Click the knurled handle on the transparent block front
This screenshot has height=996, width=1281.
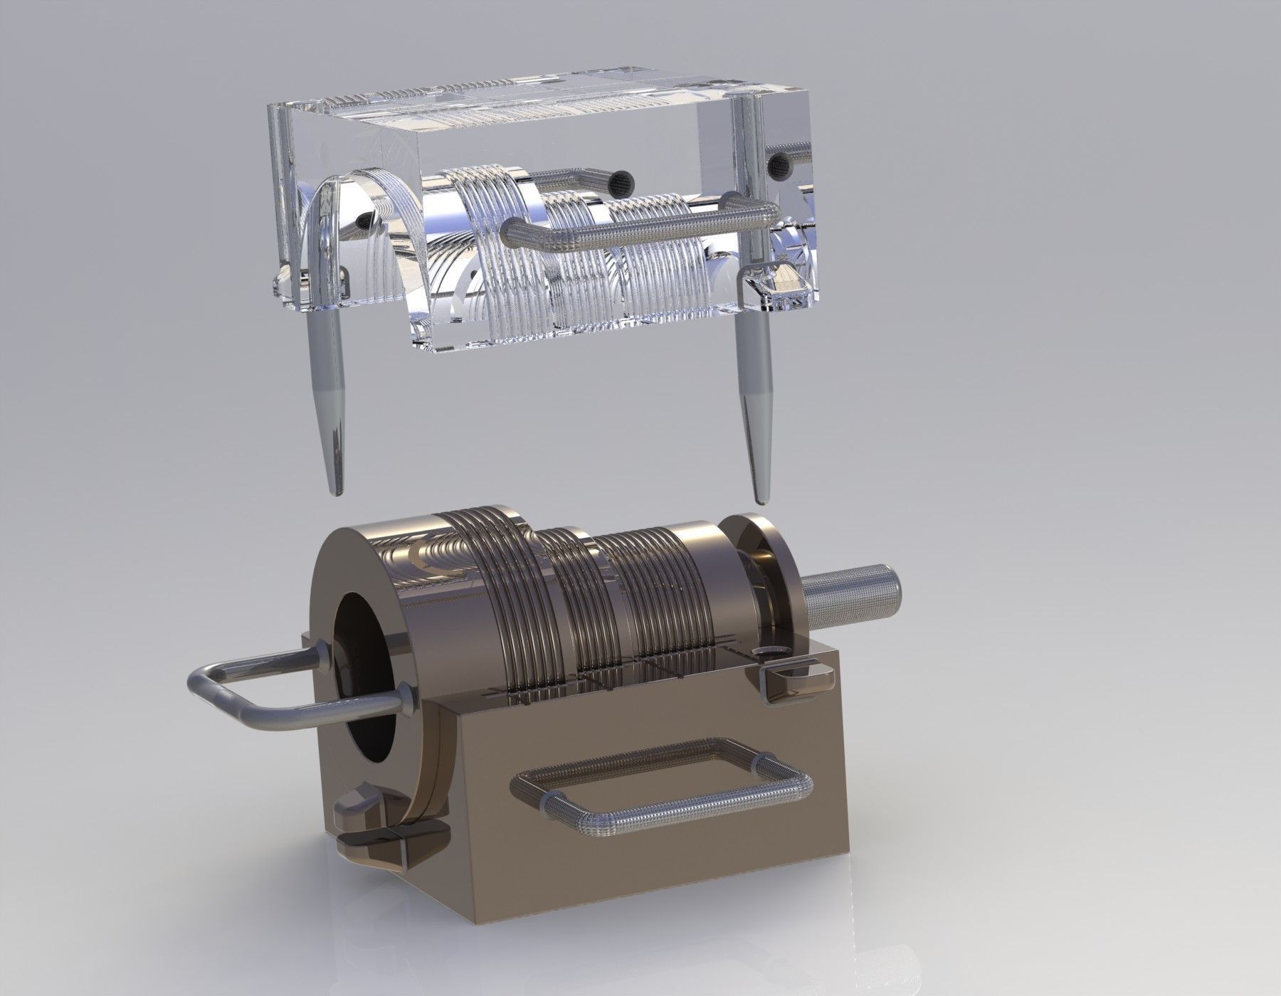pyautogui.click(x=640, y=230)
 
